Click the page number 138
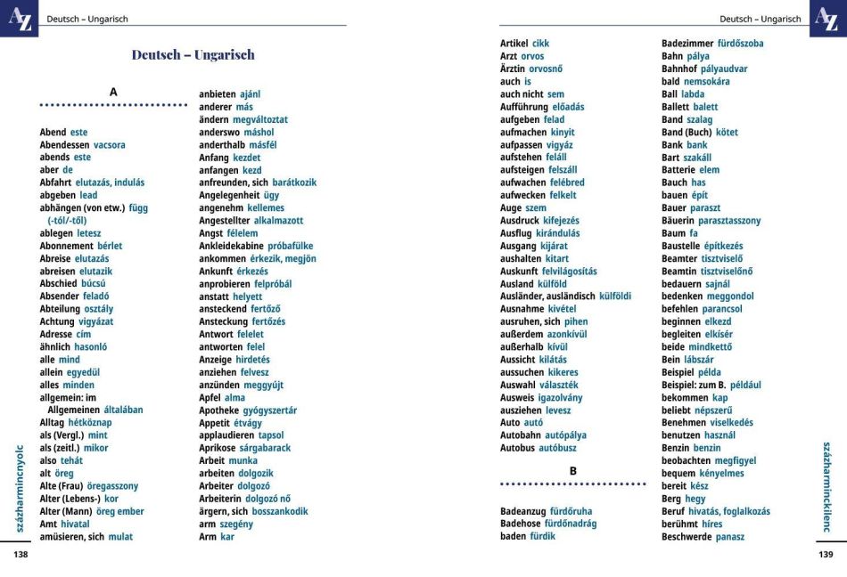[x=21, y=555]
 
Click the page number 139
[x=826, y=555]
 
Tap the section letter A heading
[x=113, y=92]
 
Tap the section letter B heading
[x=573, y=471]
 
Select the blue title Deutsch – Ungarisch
[x=193, y=54]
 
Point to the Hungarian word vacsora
[x=110, y=145]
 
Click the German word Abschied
[x=59, y=283]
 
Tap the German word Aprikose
[x=220, y=448]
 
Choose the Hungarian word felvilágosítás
[x=569, y=272]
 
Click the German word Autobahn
[x=521, y=435]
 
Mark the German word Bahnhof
[x=678, y=69]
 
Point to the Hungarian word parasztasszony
[x=729, y=221]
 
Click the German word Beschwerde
[x=687, y=537]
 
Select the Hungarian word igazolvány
[x=560, y=397]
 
